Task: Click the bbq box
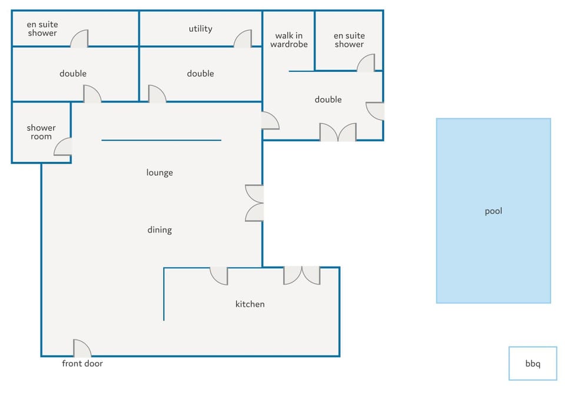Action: tap(533, 363)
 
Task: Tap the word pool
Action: tap(493, 211)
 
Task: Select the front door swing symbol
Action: tap(82, 348)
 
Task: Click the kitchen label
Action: tap(250, 304)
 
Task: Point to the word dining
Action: tap(159, 230)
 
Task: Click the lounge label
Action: tap(159, 172)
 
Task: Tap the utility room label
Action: tap(200, 29)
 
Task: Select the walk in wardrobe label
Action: tap(289, 40)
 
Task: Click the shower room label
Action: tap(41, 132)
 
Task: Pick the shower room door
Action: tap(63, 147)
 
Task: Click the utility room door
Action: tap(242, 39)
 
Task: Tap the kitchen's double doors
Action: tap(301, 276)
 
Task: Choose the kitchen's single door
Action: tap(219, 276)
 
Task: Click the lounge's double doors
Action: tap(254, 203)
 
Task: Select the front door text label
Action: tap(82, 363)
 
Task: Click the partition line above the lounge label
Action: tap(161, 140)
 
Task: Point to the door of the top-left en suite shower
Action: tap(79, 39)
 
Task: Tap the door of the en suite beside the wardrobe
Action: tap(365, 63)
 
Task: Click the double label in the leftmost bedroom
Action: tap(73, 74)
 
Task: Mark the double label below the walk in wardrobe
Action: tap(328, 99)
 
